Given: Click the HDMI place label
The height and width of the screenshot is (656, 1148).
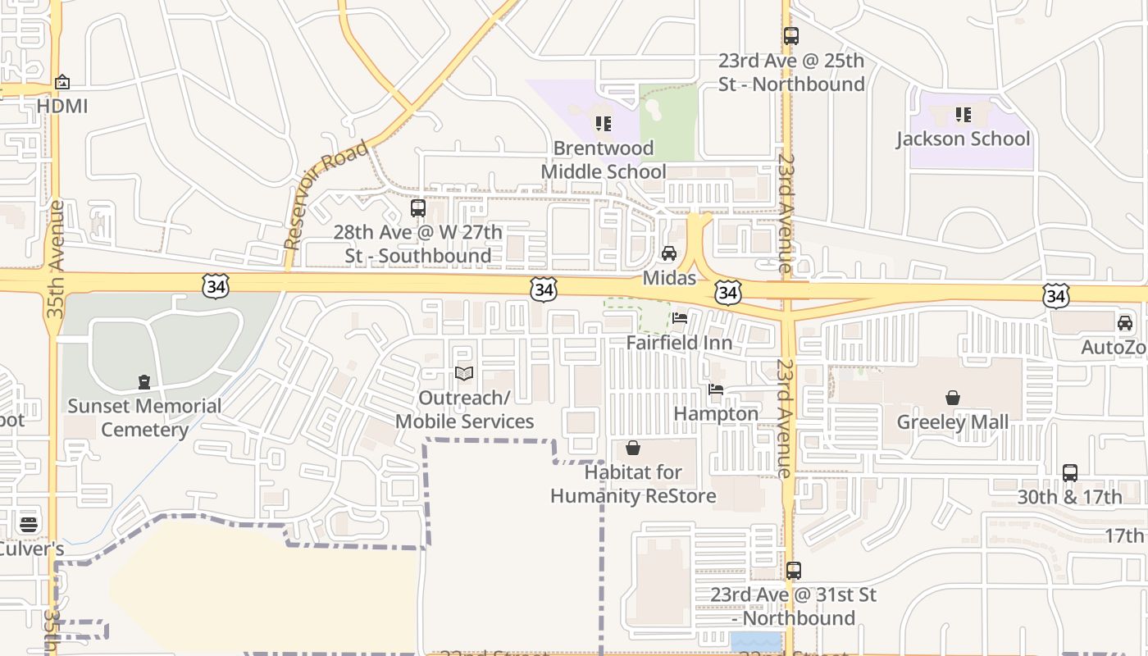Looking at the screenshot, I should pyautogui.click(x=62, y=106).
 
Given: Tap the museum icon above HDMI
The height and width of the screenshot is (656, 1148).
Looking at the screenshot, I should pyautogui.click(x=62, y=82).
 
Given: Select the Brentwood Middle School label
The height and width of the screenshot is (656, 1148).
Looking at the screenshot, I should pyautogui.click(x=604, y=160).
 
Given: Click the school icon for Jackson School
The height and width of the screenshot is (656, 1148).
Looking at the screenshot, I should pyautogui.click(x=963, y=115).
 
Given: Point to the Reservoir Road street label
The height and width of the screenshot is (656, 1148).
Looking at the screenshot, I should pyautogui.click(x=326, y=195).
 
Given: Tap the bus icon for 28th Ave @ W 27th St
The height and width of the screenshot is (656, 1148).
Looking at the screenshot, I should pyautogui.click(x=418, y=208).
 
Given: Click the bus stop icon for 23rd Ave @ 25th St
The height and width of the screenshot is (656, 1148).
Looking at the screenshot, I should pyautogui.click(x=790, y=36).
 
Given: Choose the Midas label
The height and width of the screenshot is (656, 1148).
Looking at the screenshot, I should pyautogui.click(x=669, y=278).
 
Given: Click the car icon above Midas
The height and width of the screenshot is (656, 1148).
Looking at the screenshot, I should pyautogui.click(x=669, y=253).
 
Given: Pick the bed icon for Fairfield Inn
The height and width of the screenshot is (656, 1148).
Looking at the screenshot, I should pyautogui.click(x=679, y=318).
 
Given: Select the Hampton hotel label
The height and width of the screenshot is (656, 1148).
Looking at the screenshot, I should pyautogui.click(x=716, y=413).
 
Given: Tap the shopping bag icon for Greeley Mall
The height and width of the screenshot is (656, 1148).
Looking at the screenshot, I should pyautogui.click(x=953, y=398).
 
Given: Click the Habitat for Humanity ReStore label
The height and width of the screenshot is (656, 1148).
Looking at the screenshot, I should pyautogui.click(x=633, y=484).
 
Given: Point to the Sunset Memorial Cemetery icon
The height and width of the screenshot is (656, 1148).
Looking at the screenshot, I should pyautogui.click(x=144, y=381).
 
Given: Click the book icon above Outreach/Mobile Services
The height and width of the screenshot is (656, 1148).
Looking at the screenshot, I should pyautogui.click(x=464, y=374).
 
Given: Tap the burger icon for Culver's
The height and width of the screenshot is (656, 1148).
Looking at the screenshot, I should pyautogui.click(x=29, y=524).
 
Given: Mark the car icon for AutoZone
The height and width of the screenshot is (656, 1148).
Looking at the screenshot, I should pyautogui.click(x=1125, y=323).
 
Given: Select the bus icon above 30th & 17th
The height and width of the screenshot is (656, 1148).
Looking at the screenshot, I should pyautogui.click(x=1069, y=473).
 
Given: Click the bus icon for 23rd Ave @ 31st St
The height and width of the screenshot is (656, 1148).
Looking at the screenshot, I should pyautogui.click(x=793, y=571).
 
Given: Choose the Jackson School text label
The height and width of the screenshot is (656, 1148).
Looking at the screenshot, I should pyautogui.click(x=963, y=139).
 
